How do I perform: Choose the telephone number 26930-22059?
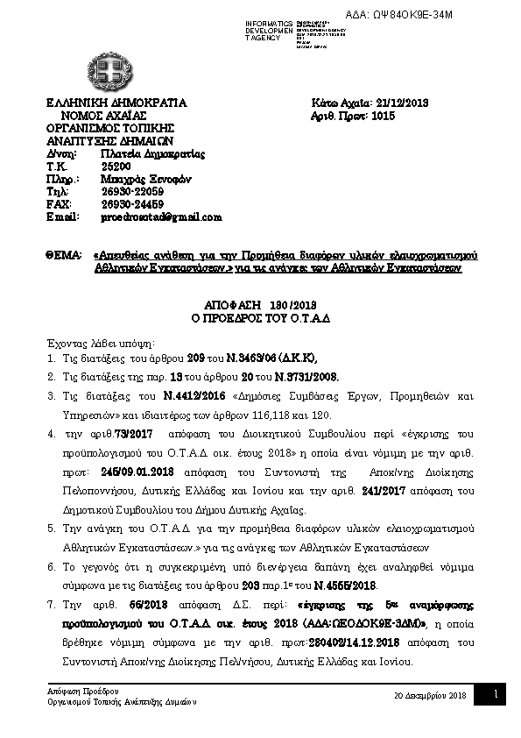coord(131,191)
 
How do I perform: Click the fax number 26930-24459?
coord(131,203)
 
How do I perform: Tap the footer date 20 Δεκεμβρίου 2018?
coord(432,695)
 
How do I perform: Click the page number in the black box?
coord(495,695)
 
